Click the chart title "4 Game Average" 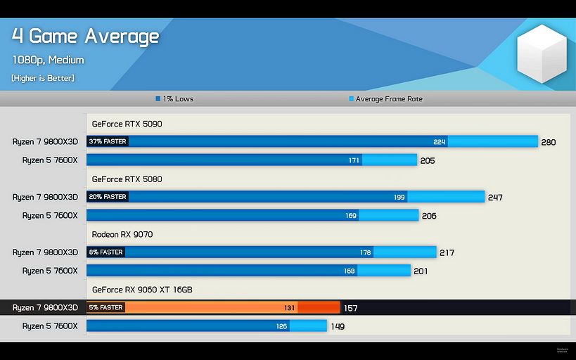(x=85, y=36)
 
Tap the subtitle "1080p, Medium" (x=48, y=60)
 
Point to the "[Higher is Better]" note (x=42, y=77)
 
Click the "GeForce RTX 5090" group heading (x=127, y=124)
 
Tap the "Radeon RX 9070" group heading (x=122, y=233)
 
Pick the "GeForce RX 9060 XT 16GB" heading (x=142, y=289)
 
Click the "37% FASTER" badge (x=108, y=141)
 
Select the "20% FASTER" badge (x=108, y=197)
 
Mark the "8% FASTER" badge (x=105, y=252)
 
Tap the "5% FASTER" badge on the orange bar (x=105, y=307)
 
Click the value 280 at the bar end (x=549, y=143)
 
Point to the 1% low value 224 (x=440, y=142)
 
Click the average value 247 (x=495, y=198)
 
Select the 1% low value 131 (x=289, y=308)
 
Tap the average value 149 (x=338, y=327)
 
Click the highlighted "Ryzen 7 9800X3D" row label (x=45, y=308)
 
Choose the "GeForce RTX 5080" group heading (x=127, y=179)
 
